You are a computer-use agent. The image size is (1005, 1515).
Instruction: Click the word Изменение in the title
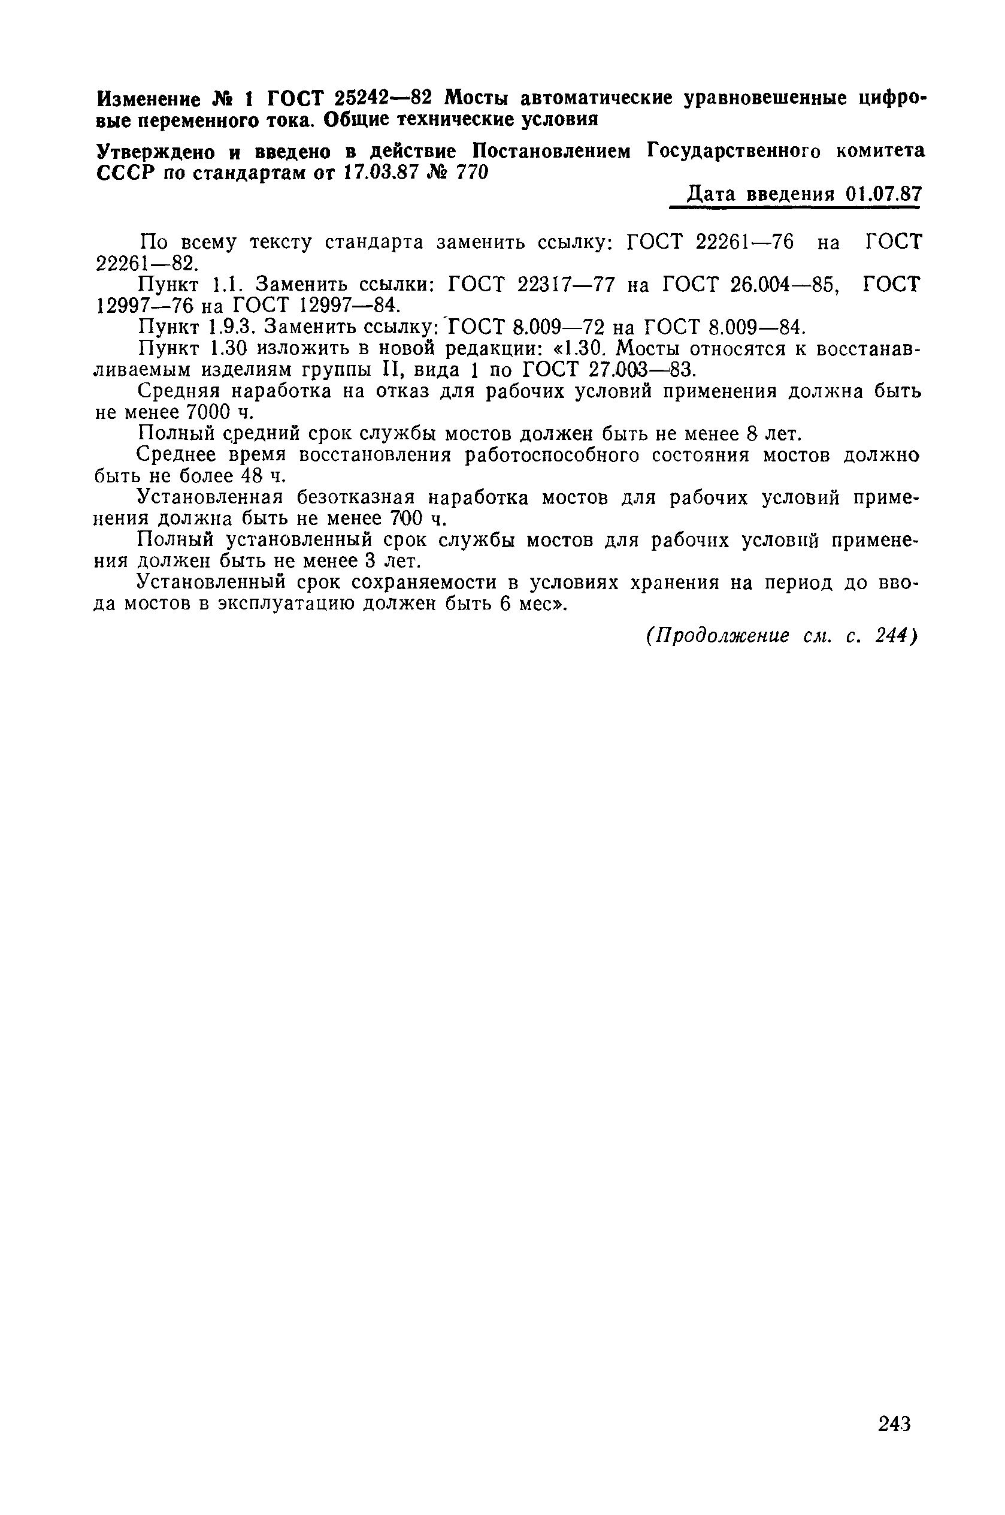(147, 99)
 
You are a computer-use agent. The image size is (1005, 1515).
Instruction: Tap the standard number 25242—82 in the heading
(382, 98)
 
